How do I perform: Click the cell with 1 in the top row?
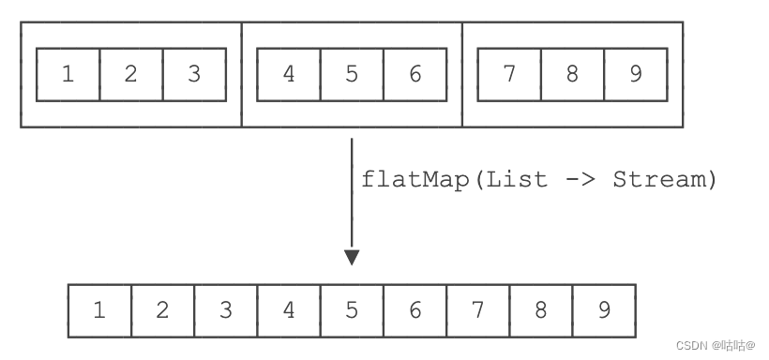[x=68, y=75]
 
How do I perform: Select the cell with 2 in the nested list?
[x=130, y=75]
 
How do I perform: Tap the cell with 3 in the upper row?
[x=194, y=75]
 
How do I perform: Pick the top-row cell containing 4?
[x=289, y=75]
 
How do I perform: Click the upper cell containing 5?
[x=352, y=75]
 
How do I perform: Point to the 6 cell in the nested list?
[x=415, y=75]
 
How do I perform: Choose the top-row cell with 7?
[x=509, y=75]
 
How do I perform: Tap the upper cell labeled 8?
[x=572, y=75]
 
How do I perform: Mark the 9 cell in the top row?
[x=636, y=75]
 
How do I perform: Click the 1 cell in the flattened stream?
[x=99, y=310]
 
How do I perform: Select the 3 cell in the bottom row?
[x=226, y=310]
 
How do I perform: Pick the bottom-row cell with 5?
[x=352, y=310]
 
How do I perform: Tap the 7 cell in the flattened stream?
[x=477, y=310]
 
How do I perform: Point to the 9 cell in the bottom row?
[x=604, y=310]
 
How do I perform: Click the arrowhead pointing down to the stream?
[x=352, y=257]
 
